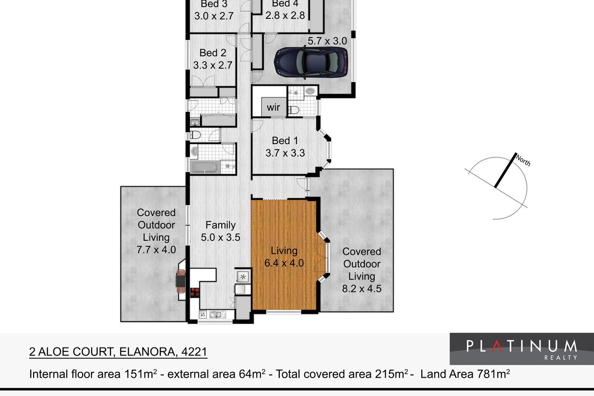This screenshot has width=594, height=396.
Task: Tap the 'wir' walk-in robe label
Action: pos(273,107)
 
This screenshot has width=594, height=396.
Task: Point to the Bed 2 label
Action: pos(213,52)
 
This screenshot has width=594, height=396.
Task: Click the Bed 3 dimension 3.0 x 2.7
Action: pos(213,15)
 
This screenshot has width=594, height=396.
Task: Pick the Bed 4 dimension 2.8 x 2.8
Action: pos(285,15)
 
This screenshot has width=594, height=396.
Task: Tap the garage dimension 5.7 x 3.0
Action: pos(327,41)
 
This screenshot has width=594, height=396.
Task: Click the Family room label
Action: pos(221,225)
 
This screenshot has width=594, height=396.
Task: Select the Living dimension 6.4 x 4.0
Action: pos(284,263)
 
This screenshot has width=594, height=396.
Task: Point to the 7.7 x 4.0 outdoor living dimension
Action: pos(156,250)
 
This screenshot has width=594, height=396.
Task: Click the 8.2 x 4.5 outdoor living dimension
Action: pos(362,289)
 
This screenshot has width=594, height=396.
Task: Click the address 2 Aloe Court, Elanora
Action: pos(118,352)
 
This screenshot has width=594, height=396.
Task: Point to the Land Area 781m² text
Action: pos(465,374)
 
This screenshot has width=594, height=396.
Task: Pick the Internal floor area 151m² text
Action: pos(94,374)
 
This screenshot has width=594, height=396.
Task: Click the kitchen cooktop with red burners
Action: pos(195,291)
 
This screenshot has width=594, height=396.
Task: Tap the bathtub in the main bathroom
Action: pos(204,167)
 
